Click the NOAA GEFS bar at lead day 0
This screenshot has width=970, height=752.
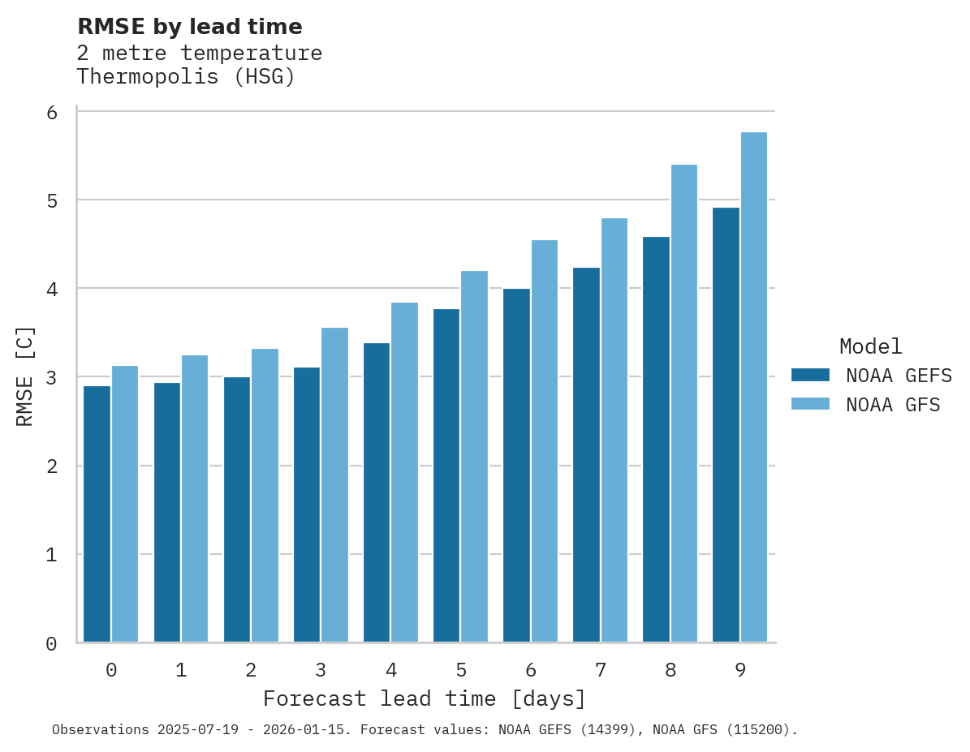tap(97, 514)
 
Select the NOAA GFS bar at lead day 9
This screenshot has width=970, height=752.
tap(754, 388)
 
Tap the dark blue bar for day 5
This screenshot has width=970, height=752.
tap(446, 476)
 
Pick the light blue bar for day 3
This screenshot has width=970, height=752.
tap(334, 485)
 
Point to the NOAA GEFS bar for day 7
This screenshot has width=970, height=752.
tap(586, 455)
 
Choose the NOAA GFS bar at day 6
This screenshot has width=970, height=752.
tap(545, 441)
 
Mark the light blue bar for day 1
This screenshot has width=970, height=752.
tap(195, 499)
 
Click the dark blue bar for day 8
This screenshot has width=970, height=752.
tap(656, 440)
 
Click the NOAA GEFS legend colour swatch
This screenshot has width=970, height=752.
tap(810, 375)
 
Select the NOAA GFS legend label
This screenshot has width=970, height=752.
tap(893, 405)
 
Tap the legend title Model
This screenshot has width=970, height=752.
tap(870, 347)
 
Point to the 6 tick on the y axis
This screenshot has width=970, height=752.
tap(52, 113)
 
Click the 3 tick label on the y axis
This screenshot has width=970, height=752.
tap(52, 377)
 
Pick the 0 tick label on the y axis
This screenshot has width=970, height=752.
tap(52, 644)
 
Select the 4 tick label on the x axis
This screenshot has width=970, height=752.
tap(391, 671)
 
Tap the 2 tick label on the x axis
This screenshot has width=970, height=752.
tap(251, 671)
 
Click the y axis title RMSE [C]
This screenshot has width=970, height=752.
tap(26, 376)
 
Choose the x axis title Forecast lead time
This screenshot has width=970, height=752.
tap(424, 699)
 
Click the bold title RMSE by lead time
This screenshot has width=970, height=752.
tap(189, 27)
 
